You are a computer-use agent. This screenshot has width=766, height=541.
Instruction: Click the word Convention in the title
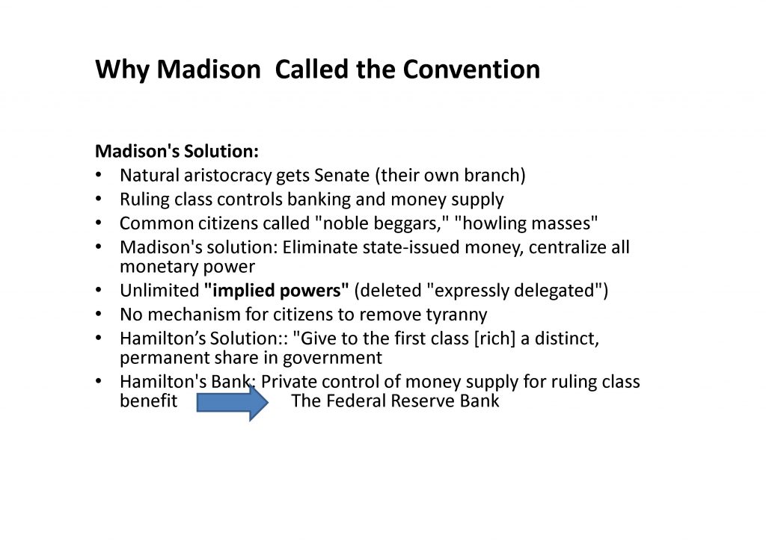click(x=471, y=69)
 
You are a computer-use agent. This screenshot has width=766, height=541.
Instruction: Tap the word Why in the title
click(x=122, y=70)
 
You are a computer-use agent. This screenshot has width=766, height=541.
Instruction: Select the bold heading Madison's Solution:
click(x=177, y=151)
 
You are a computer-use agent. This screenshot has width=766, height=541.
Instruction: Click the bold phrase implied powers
click(x=277, y=291)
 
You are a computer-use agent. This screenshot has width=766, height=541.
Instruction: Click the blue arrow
click(x=233, y=403)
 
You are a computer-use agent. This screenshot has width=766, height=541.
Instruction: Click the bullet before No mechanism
click(x=98, y=314)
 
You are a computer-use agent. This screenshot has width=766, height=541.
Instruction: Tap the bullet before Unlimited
click(x=98, y=290)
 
